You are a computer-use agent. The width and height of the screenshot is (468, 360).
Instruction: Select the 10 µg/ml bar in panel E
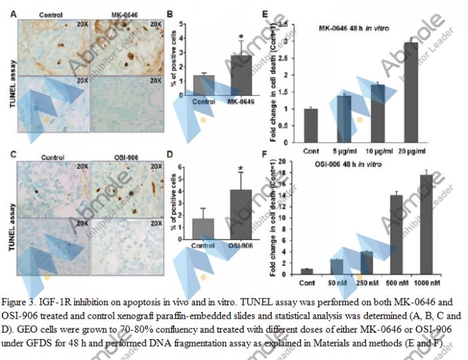378,113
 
